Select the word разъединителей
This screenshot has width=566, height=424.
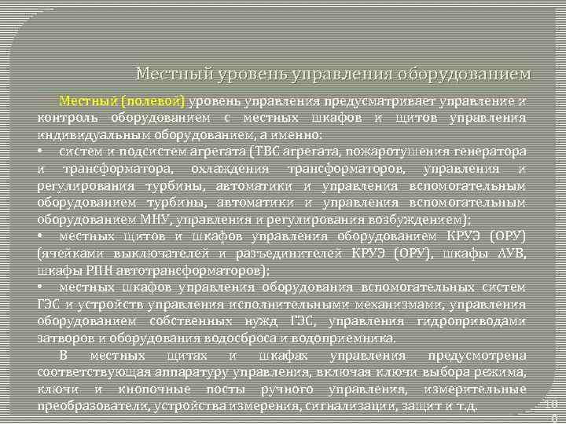pyautogui.click(x=292, y=254)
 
